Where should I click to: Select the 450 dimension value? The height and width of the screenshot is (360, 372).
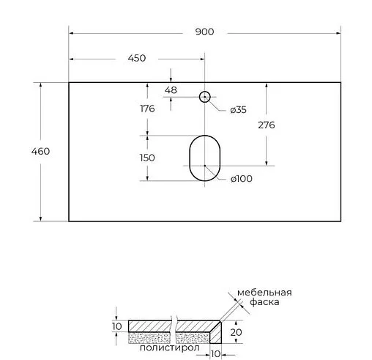pos(136,58)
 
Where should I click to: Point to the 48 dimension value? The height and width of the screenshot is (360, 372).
pos(171,90)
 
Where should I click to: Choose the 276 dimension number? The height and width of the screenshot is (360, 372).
pos(267,125)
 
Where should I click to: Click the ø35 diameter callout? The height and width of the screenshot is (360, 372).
pos(238,110)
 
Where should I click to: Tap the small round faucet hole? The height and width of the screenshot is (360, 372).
pos(204,96)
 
